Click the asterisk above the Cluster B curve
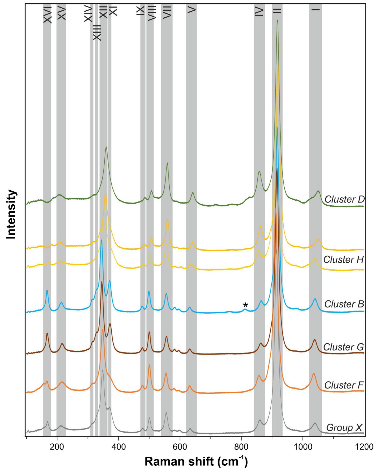(x=245, y=305)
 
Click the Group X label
(x=344, y=428)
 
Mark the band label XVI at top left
(x=48, y=15)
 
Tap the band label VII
(x=167, y=12)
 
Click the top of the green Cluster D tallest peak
(x=277, y=20)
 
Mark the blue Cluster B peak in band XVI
(x=47, y=290)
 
